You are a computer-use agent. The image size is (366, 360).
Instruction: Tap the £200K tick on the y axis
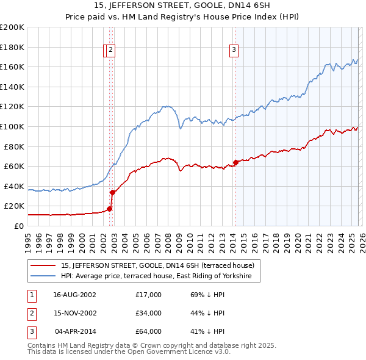12,27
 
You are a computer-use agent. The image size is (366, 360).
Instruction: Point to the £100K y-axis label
12,126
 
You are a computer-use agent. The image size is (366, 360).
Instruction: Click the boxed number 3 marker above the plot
234,51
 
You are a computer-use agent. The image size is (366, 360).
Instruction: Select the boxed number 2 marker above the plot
112,51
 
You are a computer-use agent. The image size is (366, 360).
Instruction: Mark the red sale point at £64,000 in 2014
235,162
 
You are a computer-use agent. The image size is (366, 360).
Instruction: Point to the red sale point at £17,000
110,209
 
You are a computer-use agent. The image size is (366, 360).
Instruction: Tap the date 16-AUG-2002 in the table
74,295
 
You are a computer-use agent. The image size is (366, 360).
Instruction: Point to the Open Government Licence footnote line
129,351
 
